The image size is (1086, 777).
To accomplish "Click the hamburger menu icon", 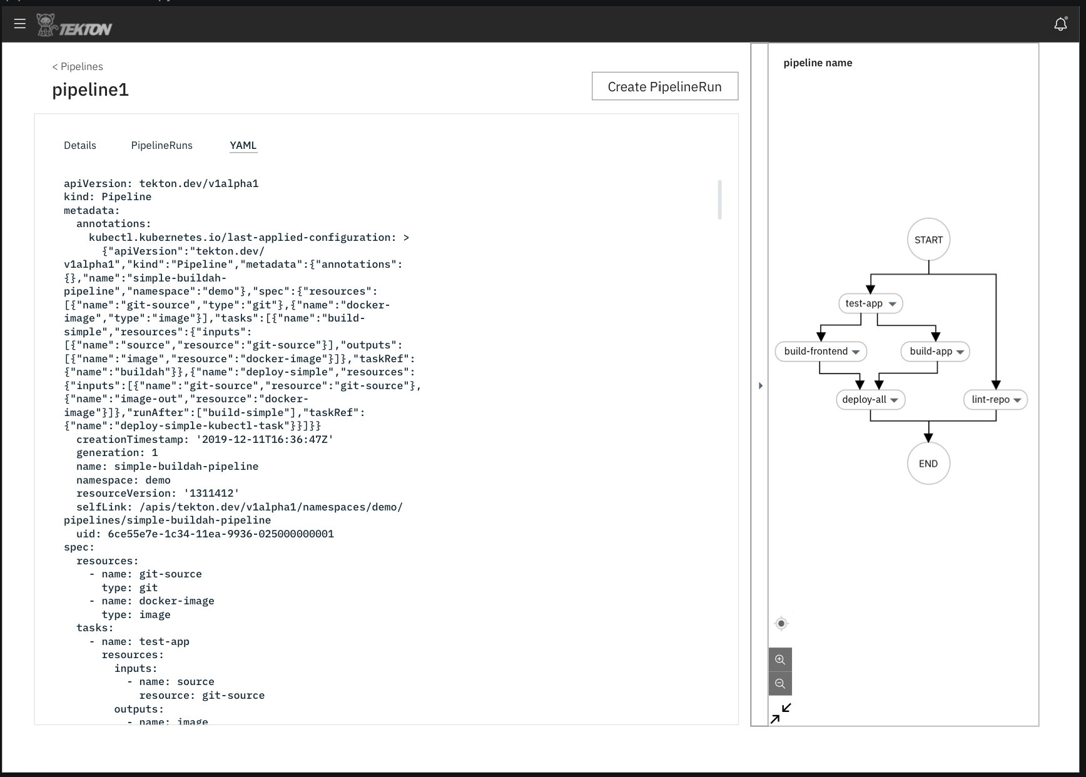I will click(x=20, y=24).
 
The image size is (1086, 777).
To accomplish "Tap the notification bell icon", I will click(x=1060, y=24).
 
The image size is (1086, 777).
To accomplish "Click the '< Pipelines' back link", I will click(x=78, y=66).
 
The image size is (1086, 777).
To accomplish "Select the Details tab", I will click(x=80, y=145).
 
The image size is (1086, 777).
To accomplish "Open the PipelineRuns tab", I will click(x=161, y=145).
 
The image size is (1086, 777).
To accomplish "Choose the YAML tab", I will click(x=243, y=145).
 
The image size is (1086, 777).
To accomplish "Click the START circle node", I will click(x=928, y=240).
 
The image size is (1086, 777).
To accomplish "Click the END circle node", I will click(x=928, y=464).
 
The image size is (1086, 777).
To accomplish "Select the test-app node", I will click(x=864, y=303).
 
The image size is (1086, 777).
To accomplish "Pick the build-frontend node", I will click(x=816, y=351).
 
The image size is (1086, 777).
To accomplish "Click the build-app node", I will click(x=931, y=351).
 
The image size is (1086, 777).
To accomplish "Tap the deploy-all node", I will click(x=864, y=399).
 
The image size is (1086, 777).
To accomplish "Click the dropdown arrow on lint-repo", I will click(x=1017, y=400).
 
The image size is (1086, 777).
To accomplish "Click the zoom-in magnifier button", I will click(x=780, y=659).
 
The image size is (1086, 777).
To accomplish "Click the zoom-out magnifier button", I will click(x=780, y=683).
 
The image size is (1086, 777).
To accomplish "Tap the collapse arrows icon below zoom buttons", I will click(x=781, y=713).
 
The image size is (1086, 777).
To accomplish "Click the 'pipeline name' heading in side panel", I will click(x=818, y=63).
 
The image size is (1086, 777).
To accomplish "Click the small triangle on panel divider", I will click(x=761, y=385).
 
